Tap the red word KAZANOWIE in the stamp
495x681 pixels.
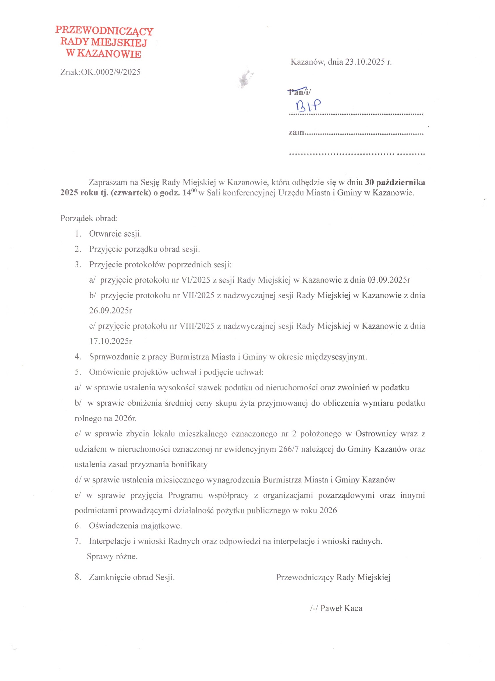[109, 54]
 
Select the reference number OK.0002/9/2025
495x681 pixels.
[110, 72]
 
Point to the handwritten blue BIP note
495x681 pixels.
[308, 106]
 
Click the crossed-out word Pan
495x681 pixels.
[295, 92]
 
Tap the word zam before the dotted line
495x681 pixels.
[296, 133]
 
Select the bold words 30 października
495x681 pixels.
[395, 182]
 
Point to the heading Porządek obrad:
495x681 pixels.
[89, 218]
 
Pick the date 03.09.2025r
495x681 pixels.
[389, 280]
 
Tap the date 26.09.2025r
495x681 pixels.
[110, 310]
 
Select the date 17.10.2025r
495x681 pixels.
[110, 341]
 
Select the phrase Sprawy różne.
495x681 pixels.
[112, 556]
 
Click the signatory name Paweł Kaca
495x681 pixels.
[341, 608]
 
